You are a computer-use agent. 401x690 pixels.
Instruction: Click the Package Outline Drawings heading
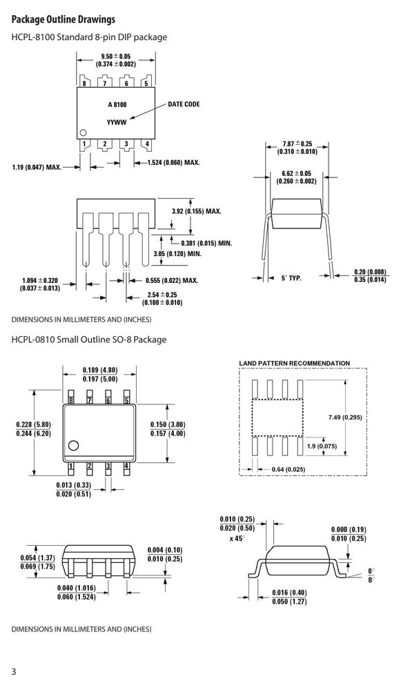pyautogui.click(x=63, y=20)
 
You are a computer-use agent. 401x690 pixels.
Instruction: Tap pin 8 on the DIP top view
pyautogui.click(x=84, y=83)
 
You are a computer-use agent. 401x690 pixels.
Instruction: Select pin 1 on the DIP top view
pyautogui.click(x=84, y=144)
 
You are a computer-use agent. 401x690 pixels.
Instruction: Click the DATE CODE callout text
pyautogui.click(x=184, y=104)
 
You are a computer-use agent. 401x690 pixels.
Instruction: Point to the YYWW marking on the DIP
pyautogui.click(x=117, y=122)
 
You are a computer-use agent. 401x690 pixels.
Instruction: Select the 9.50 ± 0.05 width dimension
pyautogui.click(x=116, y=60)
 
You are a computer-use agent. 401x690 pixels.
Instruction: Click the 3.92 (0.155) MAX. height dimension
pyautogui.click(x=196, y=211)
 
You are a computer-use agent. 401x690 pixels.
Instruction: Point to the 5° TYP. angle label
pyautogui.click(x=291, y=278)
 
